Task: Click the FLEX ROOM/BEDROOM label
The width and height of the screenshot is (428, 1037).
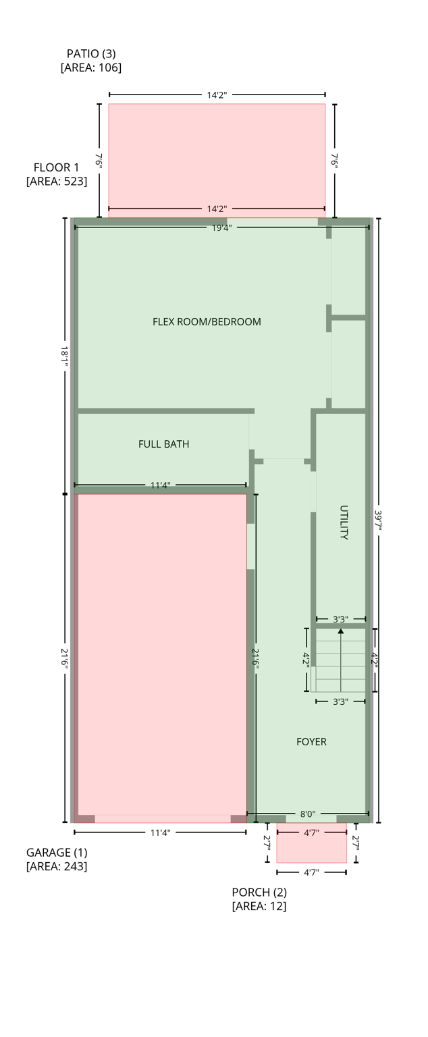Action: [x=207, y=322]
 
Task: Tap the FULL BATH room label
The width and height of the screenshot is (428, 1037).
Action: [x=163, y=444]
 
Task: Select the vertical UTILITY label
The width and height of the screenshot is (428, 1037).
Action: [x=344, y=523]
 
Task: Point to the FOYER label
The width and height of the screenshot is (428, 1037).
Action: [x=311, y=742]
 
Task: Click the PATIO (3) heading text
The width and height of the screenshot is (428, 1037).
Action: [x=90, y=53]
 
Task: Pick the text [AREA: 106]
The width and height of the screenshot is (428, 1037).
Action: [x=90, y=68]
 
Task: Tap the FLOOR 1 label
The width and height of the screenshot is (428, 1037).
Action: [x=56, y=167]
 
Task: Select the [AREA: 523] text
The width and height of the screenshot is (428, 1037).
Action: [x=56, y=181]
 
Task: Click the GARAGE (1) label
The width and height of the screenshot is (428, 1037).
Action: [x=57, y=853]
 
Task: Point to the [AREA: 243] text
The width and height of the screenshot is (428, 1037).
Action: [x=57, y=866]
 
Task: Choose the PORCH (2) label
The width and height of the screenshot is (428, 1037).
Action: [x=259, y=893]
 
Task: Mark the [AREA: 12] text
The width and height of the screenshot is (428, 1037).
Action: [x=259, y=906]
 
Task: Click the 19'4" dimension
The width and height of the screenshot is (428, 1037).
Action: [x=221, y=228]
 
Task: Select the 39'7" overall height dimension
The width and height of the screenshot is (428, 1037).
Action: [x=378, y=521]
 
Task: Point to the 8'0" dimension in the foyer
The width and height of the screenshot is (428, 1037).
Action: [x=307, y=814]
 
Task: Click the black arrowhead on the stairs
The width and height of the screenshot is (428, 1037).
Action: [x=341, y=631]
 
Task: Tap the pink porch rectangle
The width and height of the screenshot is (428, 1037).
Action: [x=311, y=849]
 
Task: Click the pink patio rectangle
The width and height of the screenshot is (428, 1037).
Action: [x=217, y=155]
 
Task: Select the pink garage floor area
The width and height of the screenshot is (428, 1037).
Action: [x=161, y=655]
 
